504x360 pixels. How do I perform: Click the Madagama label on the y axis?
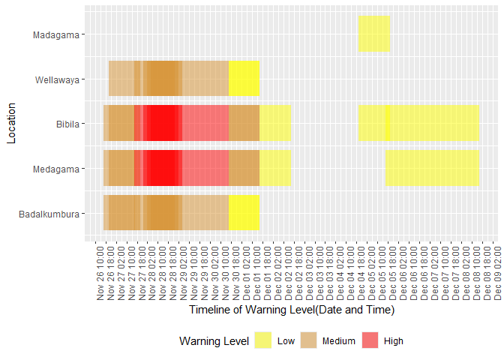56,34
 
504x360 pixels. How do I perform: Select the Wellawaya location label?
57,79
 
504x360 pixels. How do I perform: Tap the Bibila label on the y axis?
67,124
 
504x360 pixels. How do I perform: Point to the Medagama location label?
56,169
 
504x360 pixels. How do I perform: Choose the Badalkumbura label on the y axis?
49,214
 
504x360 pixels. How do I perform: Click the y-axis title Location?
11,123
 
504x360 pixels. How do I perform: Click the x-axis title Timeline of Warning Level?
292,310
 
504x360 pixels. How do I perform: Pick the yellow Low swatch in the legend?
263,340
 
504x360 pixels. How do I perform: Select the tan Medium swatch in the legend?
308,340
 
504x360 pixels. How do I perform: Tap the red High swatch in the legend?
370,340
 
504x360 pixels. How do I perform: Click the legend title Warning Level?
214,341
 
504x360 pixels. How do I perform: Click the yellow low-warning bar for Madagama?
374,34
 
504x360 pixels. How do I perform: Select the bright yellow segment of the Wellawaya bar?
244,78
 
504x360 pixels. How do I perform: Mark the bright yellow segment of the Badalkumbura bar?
244,212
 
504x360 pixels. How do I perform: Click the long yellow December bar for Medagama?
432,168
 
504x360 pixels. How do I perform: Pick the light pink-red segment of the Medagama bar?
205,168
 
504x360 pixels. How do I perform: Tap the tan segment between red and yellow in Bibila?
244,123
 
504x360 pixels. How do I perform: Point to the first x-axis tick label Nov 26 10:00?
100,273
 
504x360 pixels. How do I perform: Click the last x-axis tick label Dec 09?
497,273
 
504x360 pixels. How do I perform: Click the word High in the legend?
394,341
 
